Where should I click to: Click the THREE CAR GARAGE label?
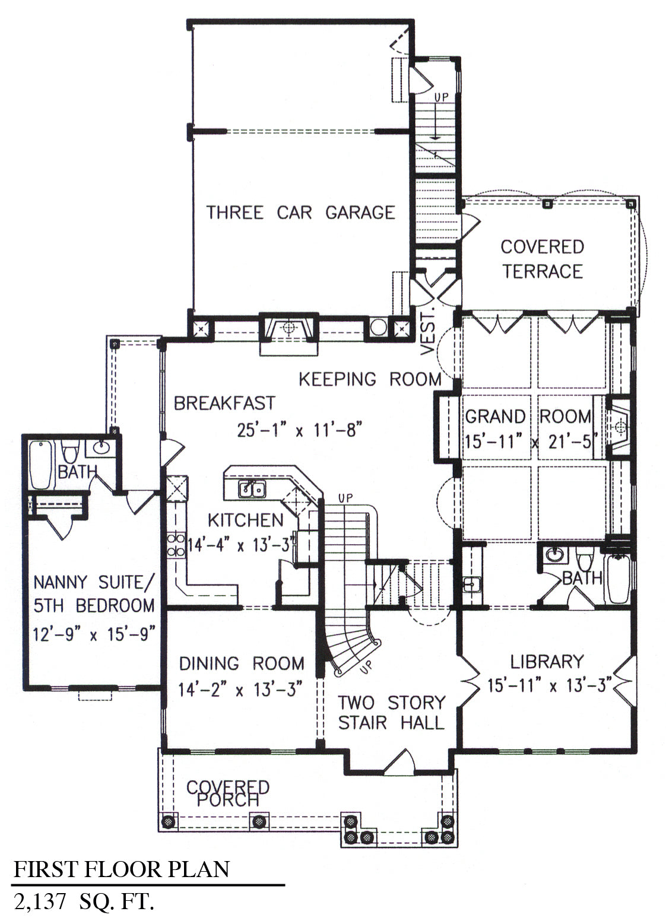(300, 212)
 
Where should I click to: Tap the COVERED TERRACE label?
(542, 259)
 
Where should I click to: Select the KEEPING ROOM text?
(370, 379)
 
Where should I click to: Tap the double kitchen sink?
(252, 489)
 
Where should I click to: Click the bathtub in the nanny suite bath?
(41, 465)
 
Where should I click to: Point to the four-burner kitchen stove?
(176, 544)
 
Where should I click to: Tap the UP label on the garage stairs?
(442, 97)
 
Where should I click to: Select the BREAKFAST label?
(224, 404)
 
